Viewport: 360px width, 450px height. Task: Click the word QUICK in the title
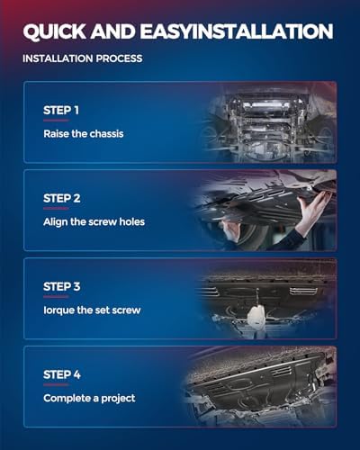(x=54, y=31)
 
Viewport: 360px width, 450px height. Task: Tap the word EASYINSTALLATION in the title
(x=237, y=31)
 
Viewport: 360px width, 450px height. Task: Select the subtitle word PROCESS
(x=119, y=58)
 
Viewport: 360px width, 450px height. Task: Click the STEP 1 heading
(x=61, y=110)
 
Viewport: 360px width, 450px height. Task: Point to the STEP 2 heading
(x=62, y=198)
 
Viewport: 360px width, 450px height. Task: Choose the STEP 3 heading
(x=62, y=286)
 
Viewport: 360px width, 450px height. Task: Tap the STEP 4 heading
(x=62, y=374)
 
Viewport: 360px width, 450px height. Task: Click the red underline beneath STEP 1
(x=56, y=121)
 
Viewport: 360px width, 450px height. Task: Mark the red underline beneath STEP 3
(x=56, y=297)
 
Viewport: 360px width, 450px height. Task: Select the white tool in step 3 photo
(x=256, y=318)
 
